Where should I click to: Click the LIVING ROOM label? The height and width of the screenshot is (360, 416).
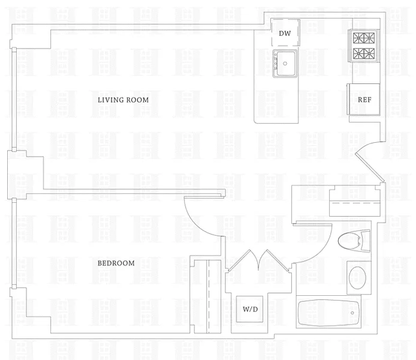point(123,100)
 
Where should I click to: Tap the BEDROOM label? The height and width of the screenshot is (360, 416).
point(116,263)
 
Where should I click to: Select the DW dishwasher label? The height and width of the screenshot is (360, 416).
point(285,33)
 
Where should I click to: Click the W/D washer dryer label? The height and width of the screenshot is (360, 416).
point(250,310)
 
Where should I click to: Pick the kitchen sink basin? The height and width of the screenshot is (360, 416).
point(287,62)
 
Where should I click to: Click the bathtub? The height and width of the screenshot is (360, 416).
point(330,313)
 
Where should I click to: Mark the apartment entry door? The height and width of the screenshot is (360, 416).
point(370,158)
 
